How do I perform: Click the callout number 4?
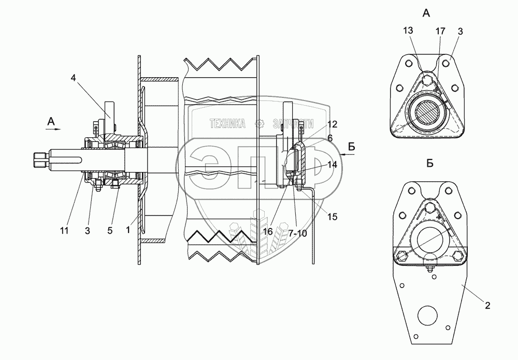(x=73, y=79)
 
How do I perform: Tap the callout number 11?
(x=64, y=231)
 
